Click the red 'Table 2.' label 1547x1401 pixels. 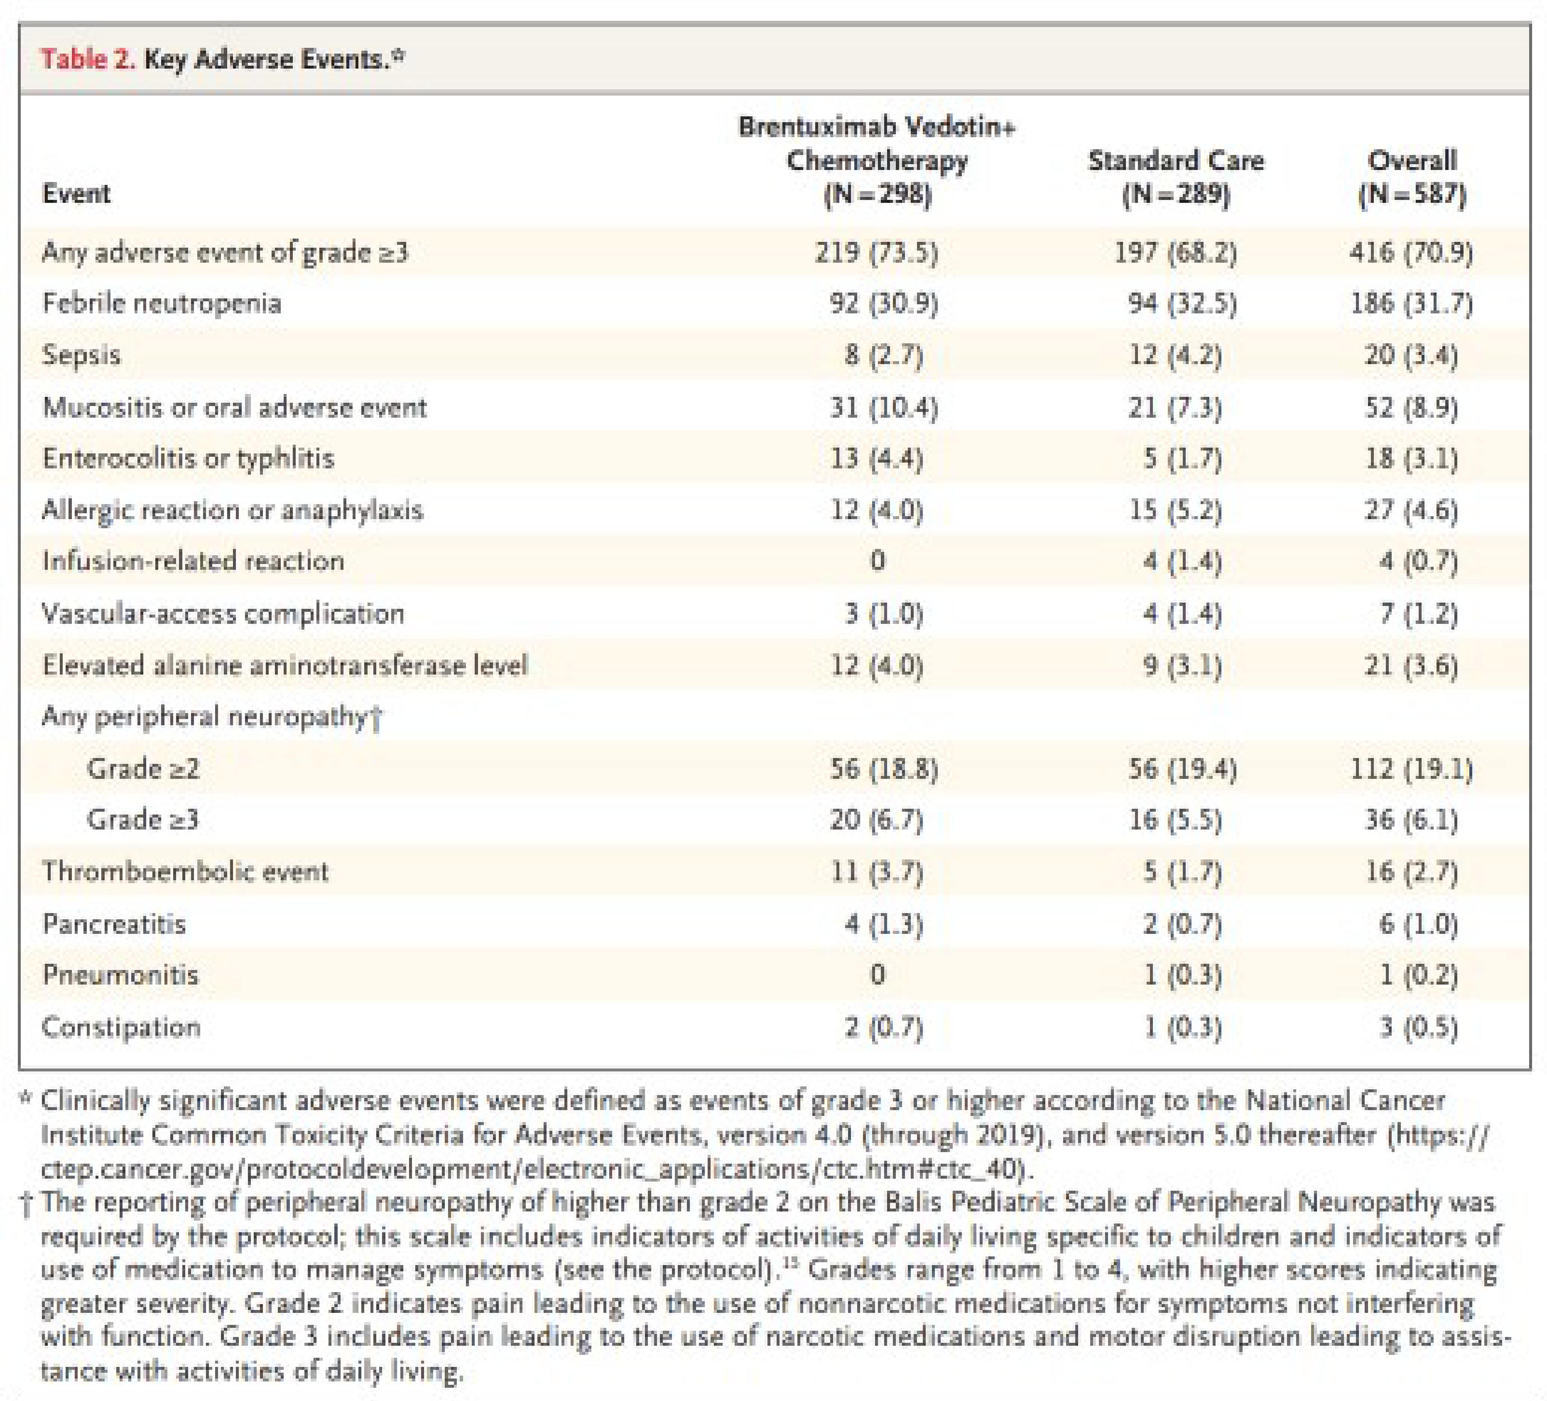[x=87, y=59]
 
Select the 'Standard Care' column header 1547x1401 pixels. [x=1175, y=160]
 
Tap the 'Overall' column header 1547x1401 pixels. [x=1412, y=160]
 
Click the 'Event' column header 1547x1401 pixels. [x=76, y=193]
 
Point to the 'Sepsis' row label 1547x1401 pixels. [x=81, y=354]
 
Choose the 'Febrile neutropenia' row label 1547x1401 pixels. [x=162, y=303]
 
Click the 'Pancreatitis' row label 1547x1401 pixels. [x=114, y=924]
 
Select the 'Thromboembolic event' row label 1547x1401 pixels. [x=185, y=872]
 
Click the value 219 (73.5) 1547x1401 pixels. [x=876, y=252]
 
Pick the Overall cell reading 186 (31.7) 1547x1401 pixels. [x=1411, y=303]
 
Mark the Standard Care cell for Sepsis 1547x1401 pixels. [x=1175, y=354]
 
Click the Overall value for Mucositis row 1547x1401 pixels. [x=1411, y=407]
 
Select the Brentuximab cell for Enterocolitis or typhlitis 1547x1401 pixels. [x=876, y=458]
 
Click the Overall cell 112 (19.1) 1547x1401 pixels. [x=1411, y=768]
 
